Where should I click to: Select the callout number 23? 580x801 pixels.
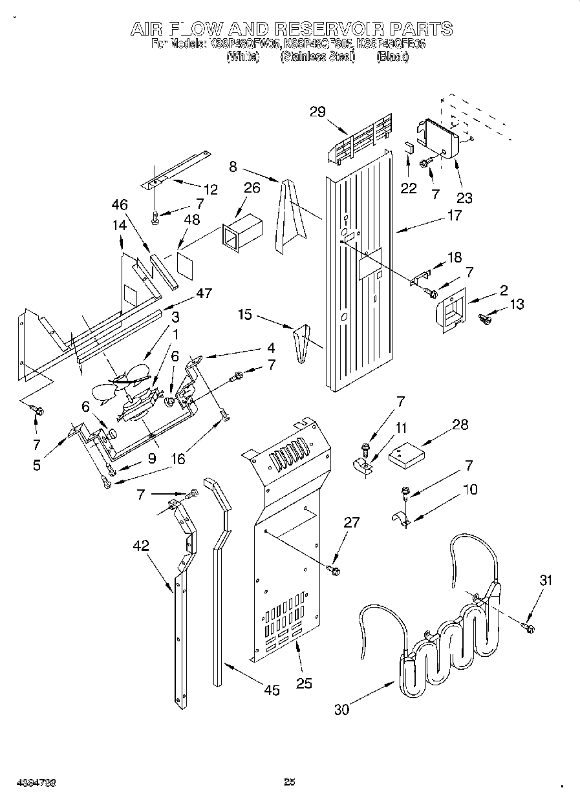pos(464,198)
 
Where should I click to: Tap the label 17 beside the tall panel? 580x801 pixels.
pos(455,215)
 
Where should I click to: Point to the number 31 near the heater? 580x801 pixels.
pos(546,581)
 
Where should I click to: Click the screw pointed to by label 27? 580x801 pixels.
pos(335,570)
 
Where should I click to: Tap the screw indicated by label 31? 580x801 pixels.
pos(528,626)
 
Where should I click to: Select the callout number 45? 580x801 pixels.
pos(272,690)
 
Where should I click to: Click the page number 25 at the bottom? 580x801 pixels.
pos(290,782)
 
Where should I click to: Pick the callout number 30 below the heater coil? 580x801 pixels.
pos(341,709)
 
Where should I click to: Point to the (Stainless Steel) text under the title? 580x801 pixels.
pos(317,57)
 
